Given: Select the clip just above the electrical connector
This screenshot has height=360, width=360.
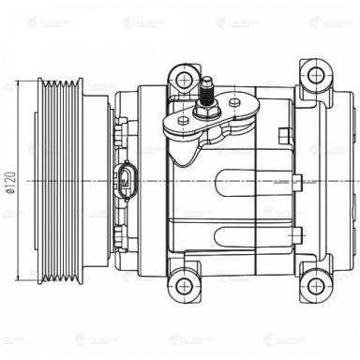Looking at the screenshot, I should [x=123, y=145].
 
